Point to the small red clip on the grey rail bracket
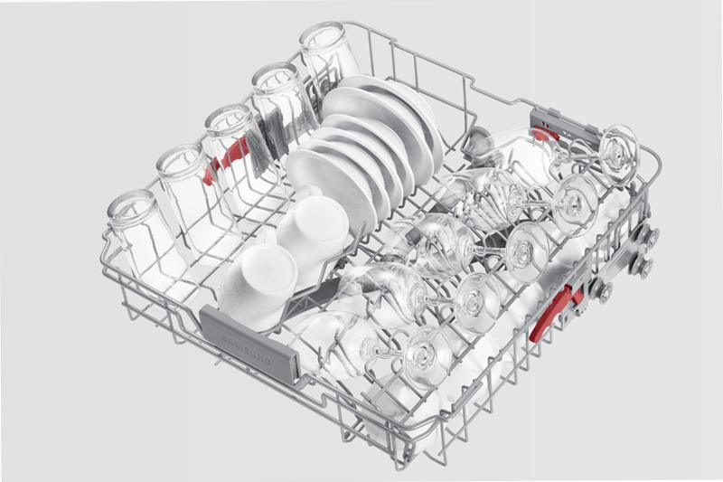tap(545, 134)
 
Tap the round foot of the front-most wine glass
tap(427, 356)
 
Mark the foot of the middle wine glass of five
tap(527, 251)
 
